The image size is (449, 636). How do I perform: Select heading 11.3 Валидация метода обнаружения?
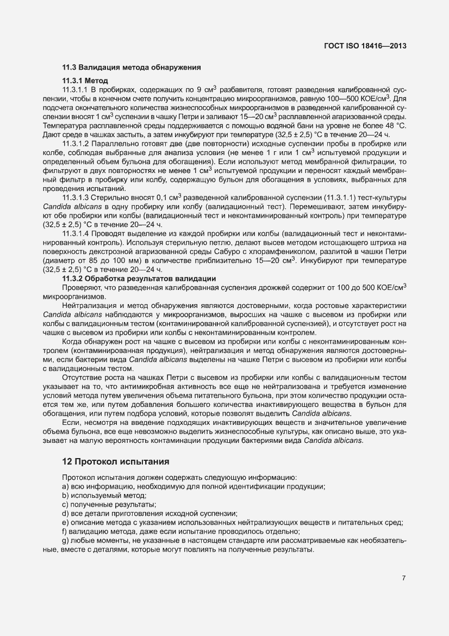(132, 68)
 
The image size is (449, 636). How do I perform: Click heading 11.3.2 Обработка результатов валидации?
(139, 279)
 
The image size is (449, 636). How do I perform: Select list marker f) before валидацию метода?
(66, 532)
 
